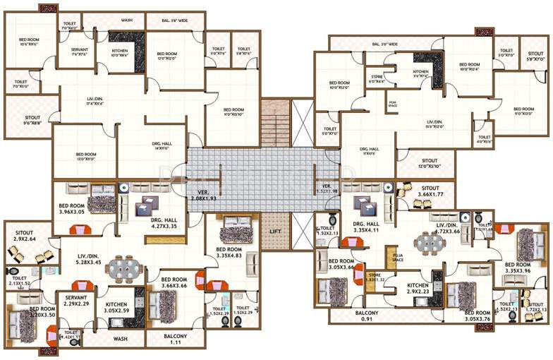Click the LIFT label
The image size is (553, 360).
[x=276, y=231]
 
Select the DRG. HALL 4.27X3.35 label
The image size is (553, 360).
[x=163, y=224]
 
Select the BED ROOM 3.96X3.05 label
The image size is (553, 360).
[x=73, y=209]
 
